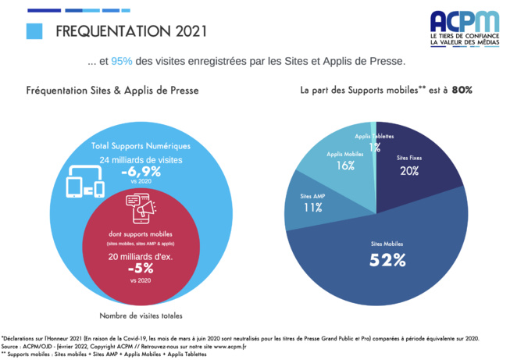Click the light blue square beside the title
click(x=34, y=31)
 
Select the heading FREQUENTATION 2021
click(x=132, y=31)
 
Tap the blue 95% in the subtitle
click(x=122, y=61)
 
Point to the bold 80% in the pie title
click(x=462, y=90)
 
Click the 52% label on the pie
click(x=387, y=260)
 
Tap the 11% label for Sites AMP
click(x=313, y=208)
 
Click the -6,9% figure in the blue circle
click(x=141, y=171)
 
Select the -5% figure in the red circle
click(x=141, y=267)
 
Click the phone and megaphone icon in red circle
click(x=141, y=209)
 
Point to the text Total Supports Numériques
click(x=141, y=146)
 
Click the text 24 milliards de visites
click(x=141, y=159)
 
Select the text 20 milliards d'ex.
click(x=141, y=255)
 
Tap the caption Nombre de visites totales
click(x=141, y=315)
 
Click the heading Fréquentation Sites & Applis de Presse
click(x=112, y=91)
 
